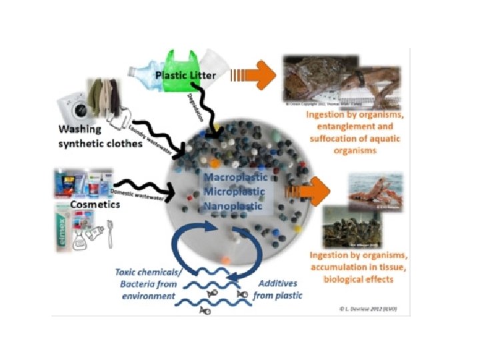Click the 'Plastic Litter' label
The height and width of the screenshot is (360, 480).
(185, 75)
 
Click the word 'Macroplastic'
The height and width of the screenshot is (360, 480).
(235, 178)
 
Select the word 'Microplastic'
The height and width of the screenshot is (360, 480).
(235, 192)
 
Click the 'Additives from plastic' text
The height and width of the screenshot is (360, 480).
(277, 289)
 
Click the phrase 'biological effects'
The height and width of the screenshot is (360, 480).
(357, 278)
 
